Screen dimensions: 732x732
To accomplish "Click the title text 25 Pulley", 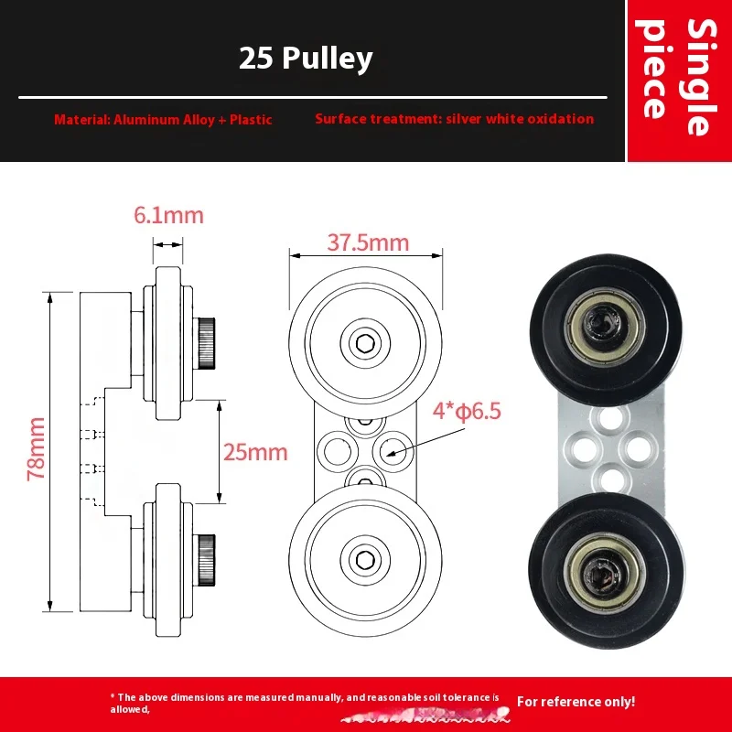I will click(x=306, y=59).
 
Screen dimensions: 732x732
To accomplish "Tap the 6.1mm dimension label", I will click(x=168, y=216).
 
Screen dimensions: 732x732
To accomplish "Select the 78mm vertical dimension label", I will click(x=35, y=452).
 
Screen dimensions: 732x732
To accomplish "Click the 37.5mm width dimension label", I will click(x=367, y=242).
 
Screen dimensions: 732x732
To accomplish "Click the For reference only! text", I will click(x=576, y=702).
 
